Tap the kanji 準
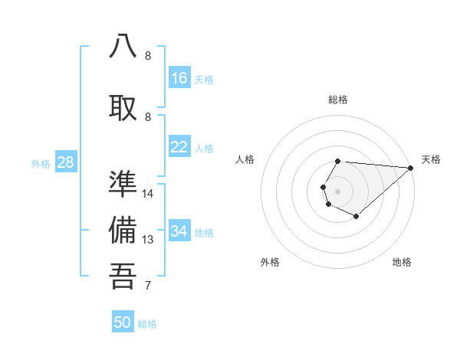click(123, 184)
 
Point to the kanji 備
click(123, 231)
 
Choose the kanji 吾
click(123, 277)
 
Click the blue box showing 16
click(179, 78)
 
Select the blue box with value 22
click(179, 147)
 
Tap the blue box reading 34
click(179, 231)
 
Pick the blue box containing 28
click(65, 162)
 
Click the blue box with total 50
click(123, 322)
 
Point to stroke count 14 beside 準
click(148, 194)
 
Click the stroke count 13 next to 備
click(148, 240)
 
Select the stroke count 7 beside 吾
click(148, 286)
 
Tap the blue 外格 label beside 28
click(41, 163)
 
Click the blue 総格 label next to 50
click(147, 324)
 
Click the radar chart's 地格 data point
click(356, 217)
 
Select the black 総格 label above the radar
click(338, 100)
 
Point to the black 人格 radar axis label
click(245, 159)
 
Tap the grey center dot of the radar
click(337, 190)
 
